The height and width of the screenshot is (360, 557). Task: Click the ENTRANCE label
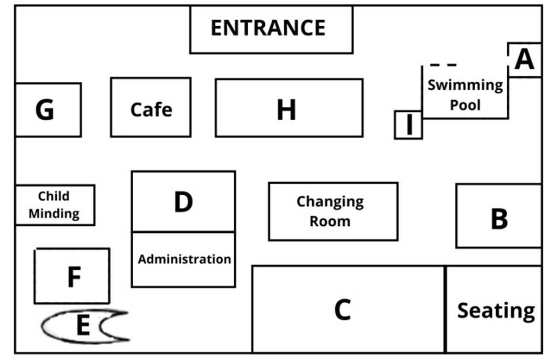(x=268, y=28)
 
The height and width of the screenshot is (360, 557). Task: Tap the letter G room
(x=48, y=109)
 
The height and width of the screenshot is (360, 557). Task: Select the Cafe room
(x=150, y=107)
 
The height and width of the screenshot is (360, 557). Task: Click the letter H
(x=286, y=109)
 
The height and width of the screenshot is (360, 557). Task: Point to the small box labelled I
(x=408, y=125)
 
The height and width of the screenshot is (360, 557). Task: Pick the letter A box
(x=524, y=60)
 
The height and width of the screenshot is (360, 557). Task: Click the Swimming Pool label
(x=465, y=95)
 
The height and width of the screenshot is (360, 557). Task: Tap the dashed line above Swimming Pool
(x=443, y=65)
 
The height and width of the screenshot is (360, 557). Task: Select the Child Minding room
(x=55, y=205)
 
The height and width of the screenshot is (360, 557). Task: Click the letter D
(x=184, y=202)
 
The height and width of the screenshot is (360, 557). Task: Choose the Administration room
(x=184, y=259)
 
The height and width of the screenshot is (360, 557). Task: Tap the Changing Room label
(x=330, y=211)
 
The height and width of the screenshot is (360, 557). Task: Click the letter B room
(x=499, y=216)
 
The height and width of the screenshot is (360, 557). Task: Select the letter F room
(x=72, y=276)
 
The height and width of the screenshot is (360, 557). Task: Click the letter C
(x=342, y=310)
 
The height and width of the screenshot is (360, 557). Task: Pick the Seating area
(x=494, y=309)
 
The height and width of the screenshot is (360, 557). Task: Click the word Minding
(x=54, y=214)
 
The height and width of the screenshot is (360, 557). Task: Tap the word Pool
(x=465, y=105)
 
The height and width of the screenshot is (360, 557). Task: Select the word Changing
(x=330, y=202)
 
